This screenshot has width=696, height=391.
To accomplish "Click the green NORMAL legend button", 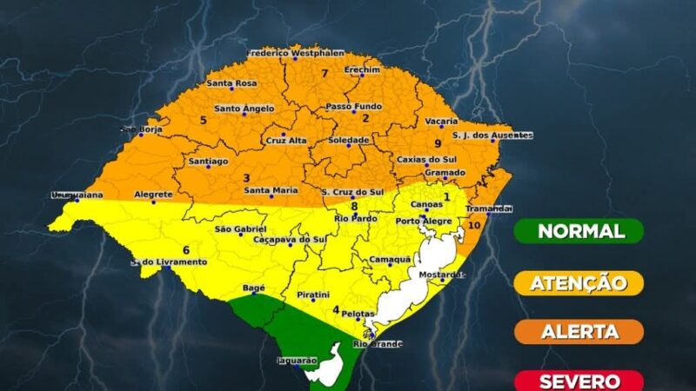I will point(579,231).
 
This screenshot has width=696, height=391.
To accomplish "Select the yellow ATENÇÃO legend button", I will point(579,282).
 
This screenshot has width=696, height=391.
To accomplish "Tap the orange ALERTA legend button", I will point(579,332).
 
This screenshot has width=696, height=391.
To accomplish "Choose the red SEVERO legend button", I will point(579,381).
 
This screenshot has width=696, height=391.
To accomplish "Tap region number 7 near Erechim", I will point(324,73).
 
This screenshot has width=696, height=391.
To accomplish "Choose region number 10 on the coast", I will point(473,226).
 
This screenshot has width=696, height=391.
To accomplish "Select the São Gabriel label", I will point(239,229).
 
